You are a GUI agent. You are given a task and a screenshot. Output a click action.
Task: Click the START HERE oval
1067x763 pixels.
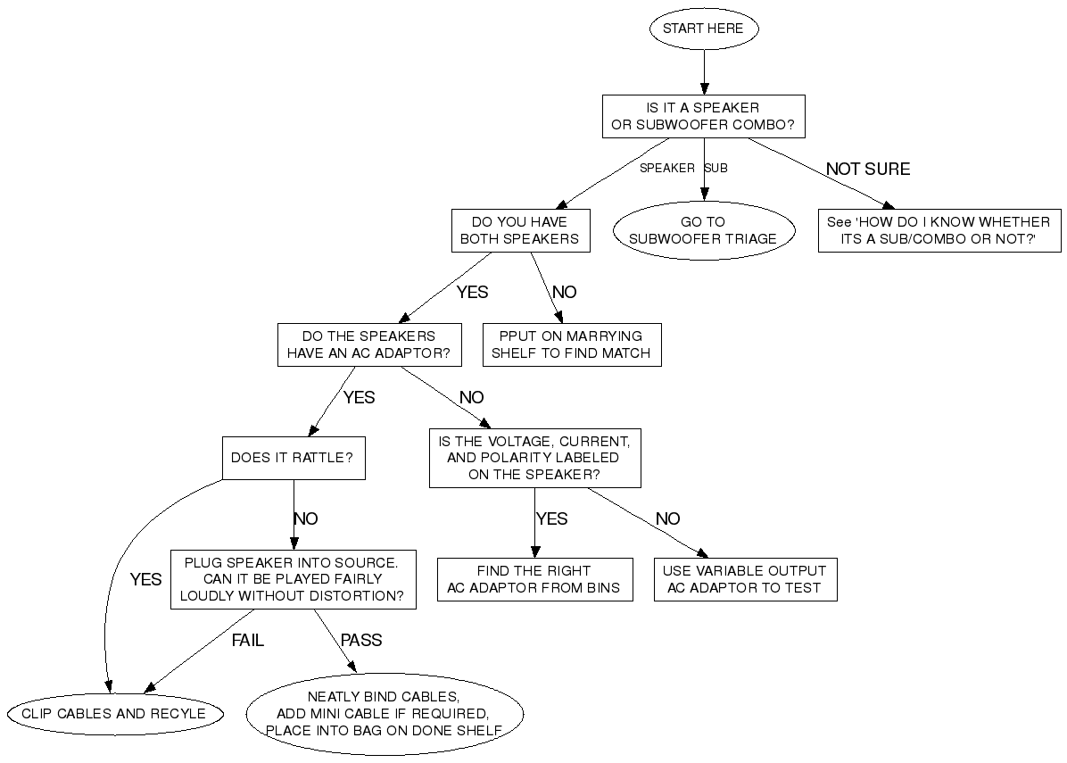[704, 29]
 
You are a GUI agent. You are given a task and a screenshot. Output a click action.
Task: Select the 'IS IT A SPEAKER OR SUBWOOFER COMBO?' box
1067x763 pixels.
[704, 116]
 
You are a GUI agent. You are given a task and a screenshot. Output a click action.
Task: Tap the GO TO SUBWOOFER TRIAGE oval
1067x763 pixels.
[704, 230]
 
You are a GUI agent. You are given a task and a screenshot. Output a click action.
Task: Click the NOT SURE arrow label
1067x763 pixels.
[867, 169]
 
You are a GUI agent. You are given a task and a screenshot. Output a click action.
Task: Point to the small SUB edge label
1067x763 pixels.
[716, 168]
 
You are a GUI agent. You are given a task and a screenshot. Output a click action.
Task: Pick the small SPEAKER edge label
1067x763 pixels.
[667, 168]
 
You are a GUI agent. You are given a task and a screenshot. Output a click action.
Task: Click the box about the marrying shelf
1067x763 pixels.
[571, 344]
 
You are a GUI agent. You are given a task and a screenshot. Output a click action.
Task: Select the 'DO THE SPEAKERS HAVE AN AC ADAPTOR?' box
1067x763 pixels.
[369, 344]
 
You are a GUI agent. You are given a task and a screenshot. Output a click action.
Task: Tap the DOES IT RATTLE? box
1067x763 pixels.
[293, 458]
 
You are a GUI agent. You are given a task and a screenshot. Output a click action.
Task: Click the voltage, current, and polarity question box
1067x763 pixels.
[534, 458]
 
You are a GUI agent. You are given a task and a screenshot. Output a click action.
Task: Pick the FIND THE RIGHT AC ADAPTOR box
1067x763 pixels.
[534, 579]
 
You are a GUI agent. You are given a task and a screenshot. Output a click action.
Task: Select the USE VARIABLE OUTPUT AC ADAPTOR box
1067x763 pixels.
[745, 579]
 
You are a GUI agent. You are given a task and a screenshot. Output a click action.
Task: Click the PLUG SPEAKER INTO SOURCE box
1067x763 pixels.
[293, 579]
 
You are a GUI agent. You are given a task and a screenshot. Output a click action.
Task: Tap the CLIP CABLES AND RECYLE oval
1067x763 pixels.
[113, 713]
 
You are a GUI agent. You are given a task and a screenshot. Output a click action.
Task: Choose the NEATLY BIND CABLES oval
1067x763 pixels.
[385, 713]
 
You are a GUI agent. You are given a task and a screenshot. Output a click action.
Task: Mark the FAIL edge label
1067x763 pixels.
[248, 640]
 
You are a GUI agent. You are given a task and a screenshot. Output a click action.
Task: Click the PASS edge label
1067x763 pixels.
[361, 640]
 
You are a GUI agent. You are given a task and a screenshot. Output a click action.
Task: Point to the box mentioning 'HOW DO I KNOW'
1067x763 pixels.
[939, 230]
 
